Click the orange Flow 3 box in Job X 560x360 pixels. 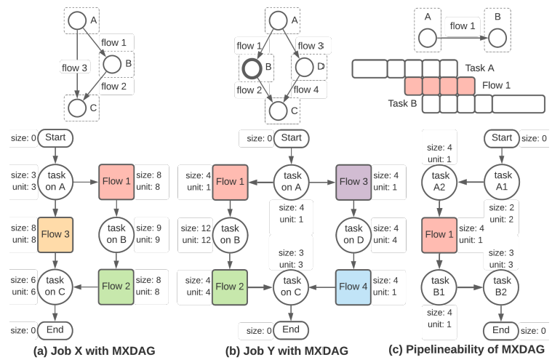(56, 235)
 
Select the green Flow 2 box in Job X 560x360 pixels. (116, 287)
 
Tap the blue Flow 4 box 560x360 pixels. (354, 287)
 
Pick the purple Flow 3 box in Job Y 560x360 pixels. (354, 182)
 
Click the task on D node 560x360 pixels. (354, 235)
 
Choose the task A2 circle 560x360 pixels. (439, 183)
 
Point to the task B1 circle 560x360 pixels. (439, 287)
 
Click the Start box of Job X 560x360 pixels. (56, 137)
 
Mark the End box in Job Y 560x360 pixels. (291, 329)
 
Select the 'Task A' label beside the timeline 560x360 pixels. (481, 68)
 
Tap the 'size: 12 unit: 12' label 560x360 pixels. (196, 234)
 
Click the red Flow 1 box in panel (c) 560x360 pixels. (439, 235)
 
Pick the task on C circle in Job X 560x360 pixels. (56, 287)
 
